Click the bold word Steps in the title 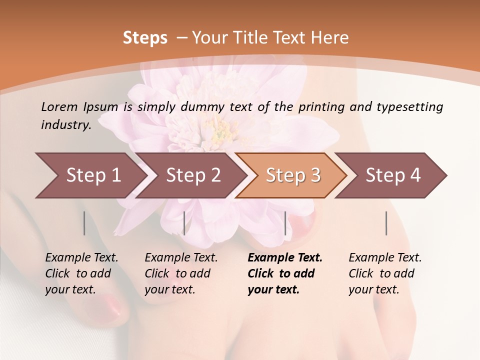[x=145, y=38]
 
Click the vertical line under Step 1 [x=84, y=223]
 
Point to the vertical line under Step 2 [x=184, y=223]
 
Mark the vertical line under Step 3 [x=285, y=223]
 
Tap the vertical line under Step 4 [x=386, y=223]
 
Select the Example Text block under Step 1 [x=81, y=273]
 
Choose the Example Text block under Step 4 [x=385, y=273]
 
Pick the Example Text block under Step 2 [x=181, y=273]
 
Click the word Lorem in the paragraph [x=59, y=106]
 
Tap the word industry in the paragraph [x=65, y=124]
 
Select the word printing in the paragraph [x=323, y=107]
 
